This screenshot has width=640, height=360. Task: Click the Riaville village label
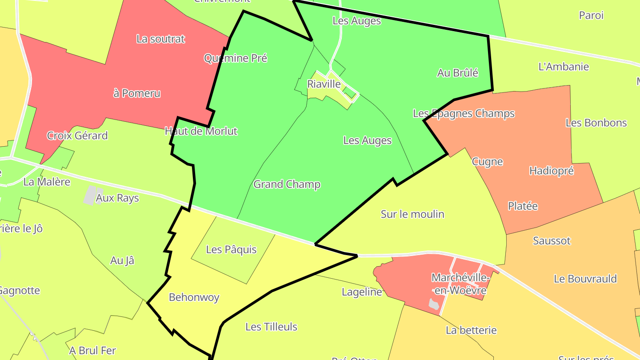pyautogui.click(x=324, y=84)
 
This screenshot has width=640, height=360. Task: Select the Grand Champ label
pyautogui.click(x=287, y=184)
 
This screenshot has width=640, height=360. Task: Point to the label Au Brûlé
pyautogui.click(x=457, y=73)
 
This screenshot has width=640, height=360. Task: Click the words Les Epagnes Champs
pyautogui.click(x=464, y=113)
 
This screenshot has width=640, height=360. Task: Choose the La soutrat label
pyautogui.click(x=160, y=39)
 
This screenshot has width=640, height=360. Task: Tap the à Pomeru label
pyautogui.click(x=136, y=93)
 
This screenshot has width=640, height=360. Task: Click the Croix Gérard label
pyautogui.click(x=77, y=136)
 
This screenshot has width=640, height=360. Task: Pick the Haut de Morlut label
pyautogui.click(x=201, y=131)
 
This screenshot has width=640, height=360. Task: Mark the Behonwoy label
pyautogui.click(x=194, y=297)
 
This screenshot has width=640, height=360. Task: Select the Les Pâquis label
pyautogui.click(x=231, y=249)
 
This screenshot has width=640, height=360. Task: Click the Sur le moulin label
pyautogui.click(x=412, y=214)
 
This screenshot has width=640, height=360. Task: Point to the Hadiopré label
pyautogui.click(x=552, y=171)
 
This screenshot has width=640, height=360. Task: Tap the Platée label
pyautogui.click(x=523, y=206)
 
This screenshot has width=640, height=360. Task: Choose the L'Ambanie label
pyautogui.click(x=563, y=67)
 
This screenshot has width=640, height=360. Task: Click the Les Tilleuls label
pyautogui.click(x=271, y=327)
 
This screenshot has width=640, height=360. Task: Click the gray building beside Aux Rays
pyautogui.click(x=90, y=196)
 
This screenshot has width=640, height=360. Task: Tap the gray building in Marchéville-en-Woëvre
pyautogui.click(x=433, y=304)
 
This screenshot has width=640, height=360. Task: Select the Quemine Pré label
pyautogui.click(x=236, y=58)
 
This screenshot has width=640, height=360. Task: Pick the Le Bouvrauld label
pyautogui.click(x=585, y=279)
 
